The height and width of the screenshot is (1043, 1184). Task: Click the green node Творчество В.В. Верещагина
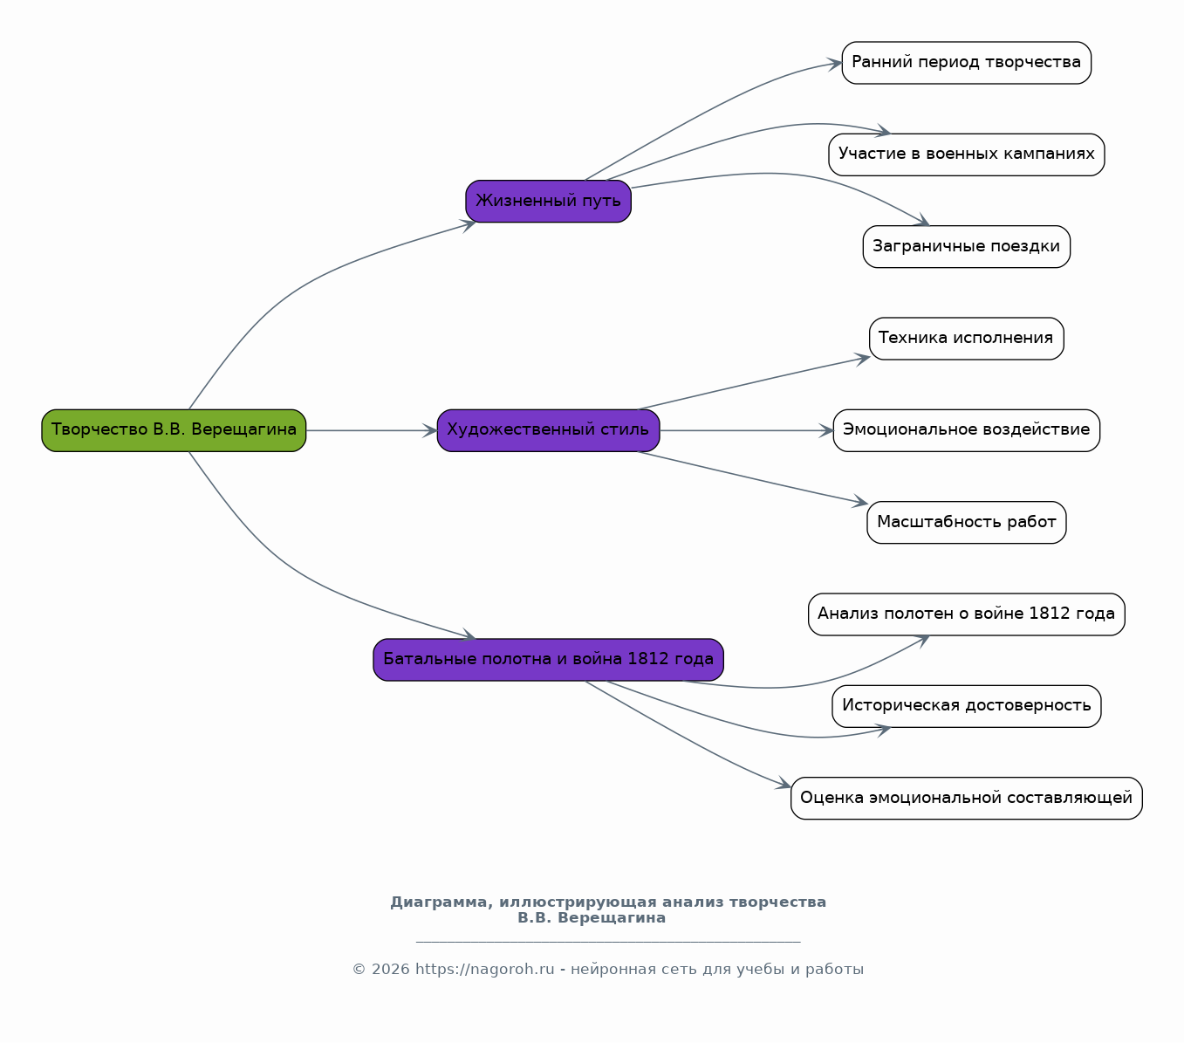coord(174,430)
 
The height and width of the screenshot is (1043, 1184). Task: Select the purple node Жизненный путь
coord(548,201)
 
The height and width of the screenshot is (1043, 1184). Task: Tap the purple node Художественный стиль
coord(548,430)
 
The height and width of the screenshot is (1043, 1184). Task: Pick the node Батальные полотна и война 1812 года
coord(548,660)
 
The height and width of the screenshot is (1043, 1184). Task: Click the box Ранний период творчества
coord(966,63)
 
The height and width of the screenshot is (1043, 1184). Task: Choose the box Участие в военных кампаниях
coord(966,154)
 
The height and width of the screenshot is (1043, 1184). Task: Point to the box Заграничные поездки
coord(966,247)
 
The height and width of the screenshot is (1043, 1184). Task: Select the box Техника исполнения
coord(966,339)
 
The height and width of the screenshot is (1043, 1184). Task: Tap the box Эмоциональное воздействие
coord(966,430)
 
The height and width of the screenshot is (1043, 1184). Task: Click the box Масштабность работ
coord(966,522)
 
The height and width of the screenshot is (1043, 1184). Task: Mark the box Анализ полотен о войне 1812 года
coord(966,614)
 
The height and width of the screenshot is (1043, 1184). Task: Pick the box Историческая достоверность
coord(966,706)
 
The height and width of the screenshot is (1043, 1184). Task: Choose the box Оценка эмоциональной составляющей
coord(966,798)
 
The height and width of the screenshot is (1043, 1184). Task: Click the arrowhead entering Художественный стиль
coord(430,430)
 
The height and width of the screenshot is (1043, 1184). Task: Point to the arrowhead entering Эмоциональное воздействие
coord(826,430)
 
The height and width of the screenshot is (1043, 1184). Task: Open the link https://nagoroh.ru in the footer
coord(484,970)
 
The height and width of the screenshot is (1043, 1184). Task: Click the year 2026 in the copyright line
coord(390,970)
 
